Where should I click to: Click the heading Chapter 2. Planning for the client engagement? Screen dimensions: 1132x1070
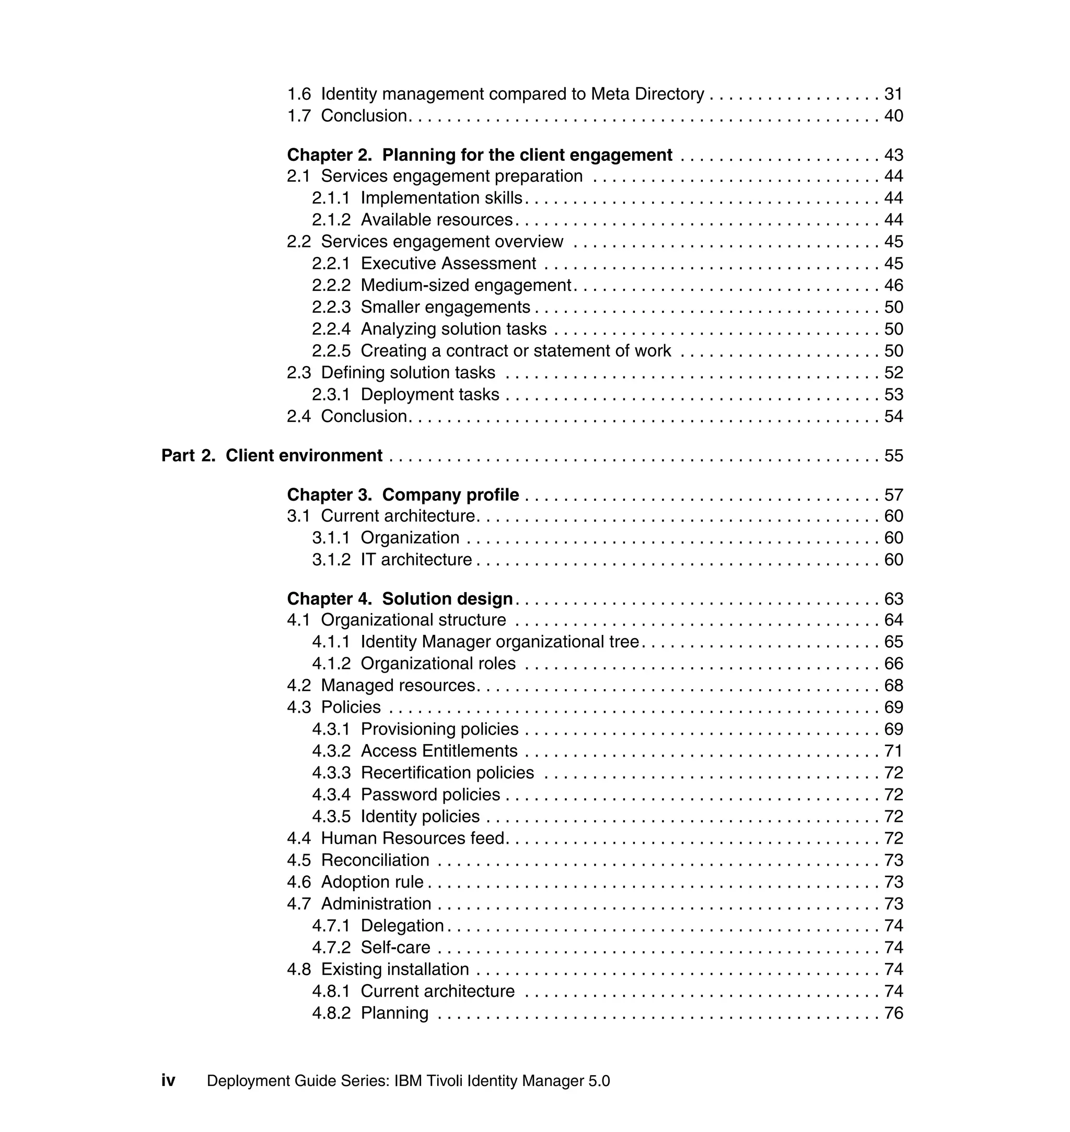pyautogui.click(x=479, y=155)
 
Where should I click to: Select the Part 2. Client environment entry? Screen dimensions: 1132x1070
pyautogui.click(x=272, y=455)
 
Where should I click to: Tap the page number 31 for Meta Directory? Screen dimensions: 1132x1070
pyautogui.click(x=893, y=94)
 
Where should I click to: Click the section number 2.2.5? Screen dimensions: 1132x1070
pyautogui.click(x=331, y=351)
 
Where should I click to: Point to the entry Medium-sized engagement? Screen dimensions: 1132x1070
pyautogui.click(x=466, y=286)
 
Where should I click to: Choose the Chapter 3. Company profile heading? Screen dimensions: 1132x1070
pyautogui.click(x=403, y=495)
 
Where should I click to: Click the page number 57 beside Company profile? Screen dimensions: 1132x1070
pyautogui.click(x=893, y=495)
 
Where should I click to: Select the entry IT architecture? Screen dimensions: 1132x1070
pyautogui.click(x=416, y=560)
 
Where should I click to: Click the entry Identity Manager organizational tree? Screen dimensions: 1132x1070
pyautogui.click(x=499, y=642)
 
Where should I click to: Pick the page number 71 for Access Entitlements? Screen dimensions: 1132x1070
pyautogui.click(x=893, y=751)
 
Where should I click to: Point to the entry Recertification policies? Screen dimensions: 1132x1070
pyautogui.click(x=447, y=773)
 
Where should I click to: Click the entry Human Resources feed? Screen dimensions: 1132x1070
pyautogui.click(x=413, y=839)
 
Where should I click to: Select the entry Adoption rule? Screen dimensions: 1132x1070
pyautogui.click(x=372, y=882)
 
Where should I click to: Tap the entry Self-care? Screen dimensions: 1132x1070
pyautogui.click(x=396, y=948)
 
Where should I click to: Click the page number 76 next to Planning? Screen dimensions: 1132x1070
pyautogui.click(x=893, y=1013)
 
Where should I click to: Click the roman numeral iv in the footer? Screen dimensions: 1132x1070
pyautogui.click(x=168, y=1081)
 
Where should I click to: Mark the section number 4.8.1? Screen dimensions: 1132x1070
pyautogui.click(x=331, y=992)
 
